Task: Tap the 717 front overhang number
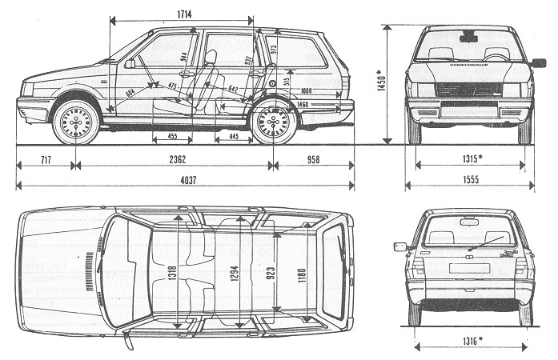[x=46, y=160]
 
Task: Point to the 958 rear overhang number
[x=312, y=160]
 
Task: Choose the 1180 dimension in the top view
[x=300, y=272]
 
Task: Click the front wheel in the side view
[x=76, y=122]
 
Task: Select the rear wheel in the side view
[x=274, y=122]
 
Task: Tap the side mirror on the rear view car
[x=400, y=247]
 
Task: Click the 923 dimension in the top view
[x=272, y=272]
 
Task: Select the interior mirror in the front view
[x=469, y=37]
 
